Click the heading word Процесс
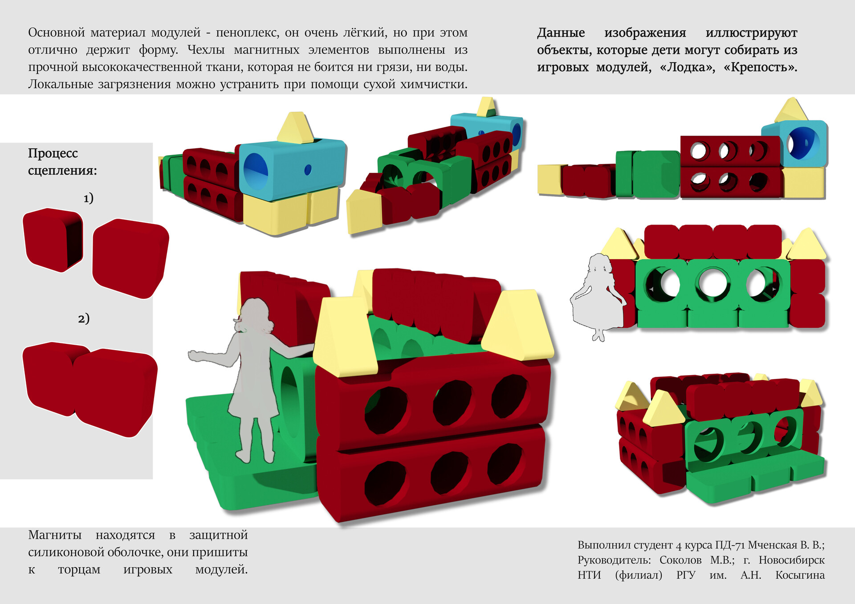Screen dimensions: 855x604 (53, 154)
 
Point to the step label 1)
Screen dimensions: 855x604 (88, 198)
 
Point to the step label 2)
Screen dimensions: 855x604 (84, 318)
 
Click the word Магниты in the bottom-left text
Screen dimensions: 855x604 (55, 535)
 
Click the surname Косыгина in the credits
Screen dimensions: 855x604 (800, 575)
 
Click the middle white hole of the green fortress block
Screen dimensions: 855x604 (712, 283)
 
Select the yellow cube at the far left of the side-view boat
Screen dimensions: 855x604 (550, 180)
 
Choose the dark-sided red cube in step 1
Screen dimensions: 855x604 (53, 240)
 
